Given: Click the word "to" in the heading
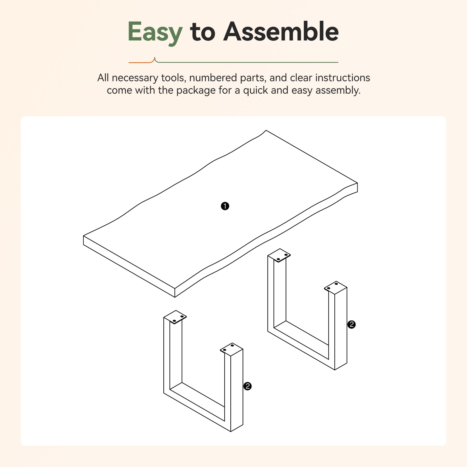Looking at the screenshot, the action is (203, 33).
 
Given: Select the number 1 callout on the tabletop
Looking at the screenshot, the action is (225, 206).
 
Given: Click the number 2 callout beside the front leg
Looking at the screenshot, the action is (248, 386).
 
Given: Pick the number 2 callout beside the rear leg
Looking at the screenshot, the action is (352, 324).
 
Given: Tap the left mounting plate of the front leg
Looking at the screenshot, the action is (175, 317).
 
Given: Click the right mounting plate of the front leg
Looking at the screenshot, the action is (231, 349).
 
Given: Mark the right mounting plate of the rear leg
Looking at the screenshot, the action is (335, 288).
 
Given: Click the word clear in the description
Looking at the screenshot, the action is (301, 78).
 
